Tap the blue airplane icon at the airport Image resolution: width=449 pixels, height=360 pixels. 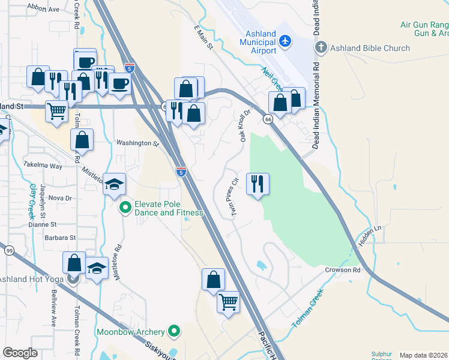pyautogui.click(x=285, y=41)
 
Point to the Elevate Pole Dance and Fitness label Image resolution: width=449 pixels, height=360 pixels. pyautogui.click(x=169, y=208)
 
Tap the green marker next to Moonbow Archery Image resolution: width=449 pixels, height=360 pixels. pyautogui.click(x=174, y=331)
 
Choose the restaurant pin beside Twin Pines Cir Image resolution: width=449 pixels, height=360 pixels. pyautogui.click(x=258, y=184)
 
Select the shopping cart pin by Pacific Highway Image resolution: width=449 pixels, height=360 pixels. pyautogui.click(x=228, y=302)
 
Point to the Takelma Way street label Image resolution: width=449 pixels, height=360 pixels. pyautogui.click(x=43, y=164)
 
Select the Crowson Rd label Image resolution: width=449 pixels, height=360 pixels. pyautogui.click(x=342, y=270)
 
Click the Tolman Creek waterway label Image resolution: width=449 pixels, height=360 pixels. pyautogui.click(x=307, y=308)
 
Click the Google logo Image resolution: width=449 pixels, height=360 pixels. pyautogui.click(x=20, y=353)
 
